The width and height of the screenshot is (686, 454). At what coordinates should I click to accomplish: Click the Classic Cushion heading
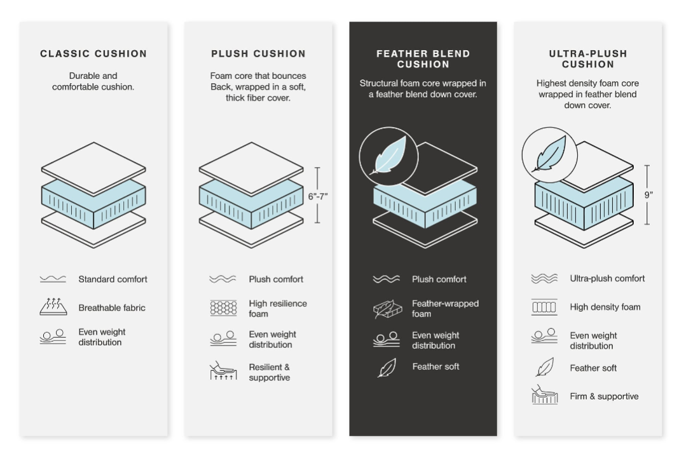click(93, 54)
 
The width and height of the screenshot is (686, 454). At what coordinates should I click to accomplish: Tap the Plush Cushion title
click(258, 54)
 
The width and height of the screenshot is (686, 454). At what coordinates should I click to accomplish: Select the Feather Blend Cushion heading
click(423, 59)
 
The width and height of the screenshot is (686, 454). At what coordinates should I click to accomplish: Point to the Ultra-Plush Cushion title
click(588, 59)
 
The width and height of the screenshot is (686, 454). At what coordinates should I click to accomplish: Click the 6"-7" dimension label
click(318, 197)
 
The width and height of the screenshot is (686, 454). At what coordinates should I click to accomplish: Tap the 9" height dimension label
click(648, 195)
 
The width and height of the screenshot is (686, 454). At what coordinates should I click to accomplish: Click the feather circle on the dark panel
click(388, 156)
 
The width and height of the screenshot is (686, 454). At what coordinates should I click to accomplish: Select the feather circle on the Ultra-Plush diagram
click(549, 155)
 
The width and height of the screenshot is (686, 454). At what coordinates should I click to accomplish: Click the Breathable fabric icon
click(53, 307)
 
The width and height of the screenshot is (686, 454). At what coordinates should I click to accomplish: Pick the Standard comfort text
click(113, 279)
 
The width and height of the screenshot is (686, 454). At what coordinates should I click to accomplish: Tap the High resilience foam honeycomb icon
click(224, 308)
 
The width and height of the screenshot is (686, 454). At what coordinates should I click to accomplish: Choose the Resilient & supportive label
click(270, 372)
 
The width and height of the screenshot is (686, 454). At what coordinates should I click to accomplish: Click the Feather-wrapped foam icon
click(388, 309)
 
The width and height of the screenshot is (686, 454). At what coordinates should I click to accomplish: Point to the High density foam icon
click(544, 307)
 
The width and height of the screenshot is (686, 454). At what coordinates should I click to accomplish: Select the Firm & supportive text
click(604, 396)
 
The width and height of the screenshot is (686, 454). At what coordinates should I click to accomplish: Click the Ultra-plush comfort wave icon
click(544, 278)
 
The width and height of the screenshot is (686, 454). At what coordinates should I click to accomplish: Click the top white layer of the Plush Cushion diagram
click(251, 168)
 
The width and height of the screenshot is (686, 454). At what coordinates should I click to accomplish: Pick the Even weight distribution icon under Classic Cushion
click(53, 337)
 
